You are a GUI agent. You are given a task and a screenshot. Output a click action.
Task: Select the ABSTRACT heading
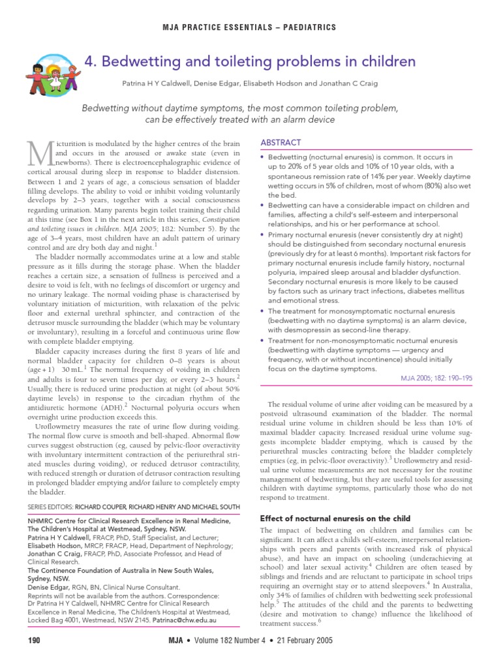(281, 142)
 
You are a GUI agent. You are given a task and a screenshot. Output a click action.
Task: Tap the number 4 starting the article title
(90, 62)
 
